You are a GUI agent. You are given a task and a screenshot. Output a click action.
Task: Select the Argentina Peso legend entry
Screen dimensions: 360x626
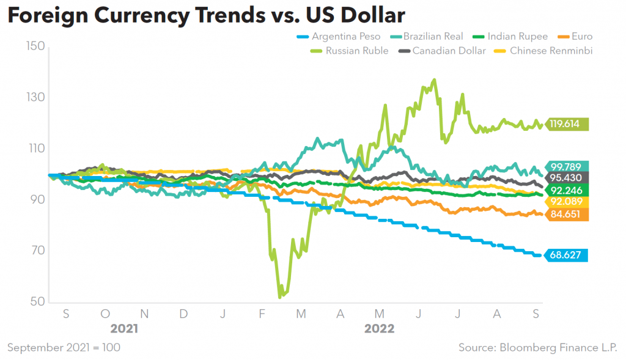[345, 37]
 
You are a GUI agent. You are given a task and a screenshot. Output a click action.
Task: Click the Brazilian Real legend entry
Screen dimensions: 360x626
[433, 37]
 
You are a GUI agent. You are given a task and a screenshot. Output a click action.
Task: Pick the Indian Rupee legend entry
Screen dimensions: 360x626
[517, 37]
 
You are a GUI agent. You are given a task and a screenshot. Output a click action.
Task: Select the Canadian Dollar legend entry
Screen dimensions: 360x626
[449, 51]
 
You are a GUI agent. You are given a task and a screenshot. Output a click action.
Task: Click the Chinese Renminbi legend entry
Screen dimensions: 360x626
[551, 51]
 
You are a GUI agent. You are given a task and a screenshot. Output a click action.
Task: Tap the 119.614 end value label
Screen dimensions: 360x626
[568, 124]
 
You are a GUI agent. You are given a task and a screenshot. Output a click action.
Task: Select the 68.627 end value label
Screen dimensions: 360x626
[568, 255]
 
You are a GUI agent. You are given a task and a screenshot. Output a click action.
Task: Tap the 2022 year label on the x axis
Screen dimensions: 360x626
[379, 329]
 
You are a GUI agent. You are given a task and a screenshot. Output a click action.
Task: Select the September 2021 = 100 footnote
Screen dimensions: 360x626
[64, 348]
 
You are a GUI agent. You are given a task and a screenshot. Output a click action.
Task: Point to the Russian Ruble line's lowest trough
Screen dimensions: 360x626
[279, 297]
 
